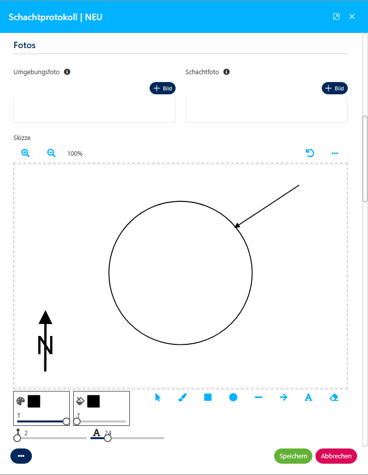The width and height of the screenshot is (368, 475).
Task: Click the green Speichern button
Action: [293, 456]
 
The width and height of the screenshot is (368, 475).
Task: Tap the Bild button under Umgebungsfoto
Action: [163, 88]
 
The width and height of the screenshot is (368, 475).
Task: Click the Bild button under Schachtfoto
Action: [335, 88]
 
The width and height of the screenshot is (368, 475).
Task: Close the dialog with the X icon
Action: [352, 17]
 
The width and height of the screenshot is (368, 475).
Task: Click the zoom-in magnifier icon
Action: [26, 153]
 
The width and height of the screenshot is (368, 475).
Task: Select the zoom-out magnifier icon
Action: [51, 153]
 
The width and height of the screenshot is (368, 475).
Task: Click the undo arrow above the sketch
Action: [310, 153]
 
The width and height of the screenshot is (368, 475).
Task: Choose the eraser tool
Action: [334, 397]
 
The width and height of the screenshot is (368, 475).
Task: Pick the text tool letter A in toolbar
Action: [308, 397]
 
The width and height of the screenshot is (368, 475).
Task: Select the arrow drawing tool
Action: [283, 397]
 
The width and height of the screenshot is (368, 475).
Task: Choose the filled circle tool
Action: [233, 397]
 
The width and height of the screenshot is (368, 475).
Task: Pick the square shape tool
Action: [208, 397]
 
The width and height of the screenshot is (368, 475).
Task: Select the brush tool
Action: [183, 397]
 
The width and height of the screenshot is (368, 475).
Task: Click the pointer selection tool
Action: [158, 397]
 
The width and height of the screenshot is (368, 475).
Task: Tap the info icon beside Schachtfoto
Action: [226, 72]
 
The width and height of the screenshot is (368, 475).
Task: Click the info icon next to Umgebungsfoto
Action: [67, 72]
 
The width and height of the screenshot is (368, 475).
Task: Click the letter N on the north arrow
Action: [45, 345]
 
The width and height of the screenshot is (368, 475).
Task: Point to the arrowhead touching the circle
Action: [237, 225]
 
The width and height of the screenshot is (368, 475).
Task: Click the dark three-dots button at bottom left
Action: [21, 456]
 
